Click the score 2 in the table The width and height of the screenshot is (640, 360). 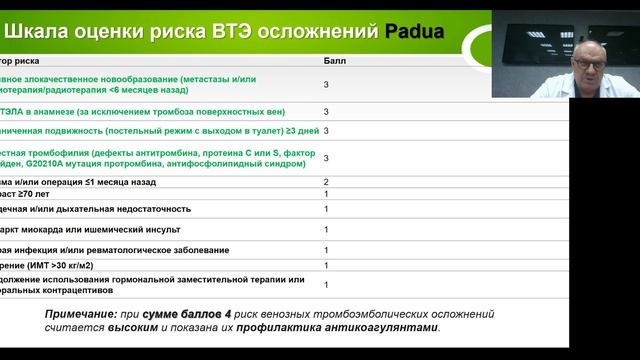326,182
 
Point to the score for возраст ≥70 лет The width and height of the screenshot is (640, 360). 326,194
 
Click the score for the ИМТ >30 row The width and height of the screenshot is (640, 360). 326,266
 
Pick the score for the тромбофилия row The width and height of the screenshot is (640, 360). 326,158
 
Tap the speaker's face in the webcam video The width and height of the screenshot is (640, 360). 580,68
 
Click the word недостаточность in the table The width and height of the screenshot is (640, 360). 150,209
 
